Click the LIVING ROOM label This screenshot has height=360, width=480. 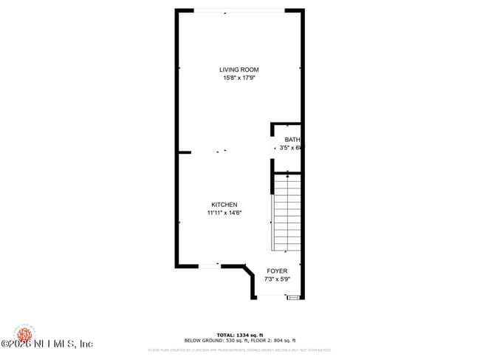(239, 69)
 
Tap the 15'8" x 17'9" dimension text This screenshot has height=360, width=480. (239, 77)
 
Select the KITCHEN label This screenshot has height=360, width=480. (224, 205)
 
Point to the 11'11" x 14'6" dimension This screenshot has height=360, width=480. (224, 213)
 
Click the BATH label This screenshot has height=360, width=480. (292, 140)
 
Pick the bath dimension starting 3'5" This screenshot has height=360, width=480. (290, 148)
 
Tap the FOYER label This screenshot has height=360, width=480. (277, 271)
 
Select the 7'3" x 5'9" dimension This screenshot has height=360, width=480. (277, 279)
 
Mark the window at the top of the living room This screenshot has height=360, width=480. (239, 10)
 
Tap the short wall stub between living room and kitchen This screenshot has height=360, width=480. (184, 152)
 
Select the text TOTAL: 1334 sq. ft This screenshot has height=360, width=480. (239, 335)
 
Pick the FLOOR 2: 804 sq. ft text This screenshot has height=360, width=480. (270, 340)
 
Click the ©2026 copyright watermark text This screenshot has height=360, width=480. (47, 344)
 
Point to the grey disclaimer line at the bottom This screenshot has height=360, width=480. (239, 350)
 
